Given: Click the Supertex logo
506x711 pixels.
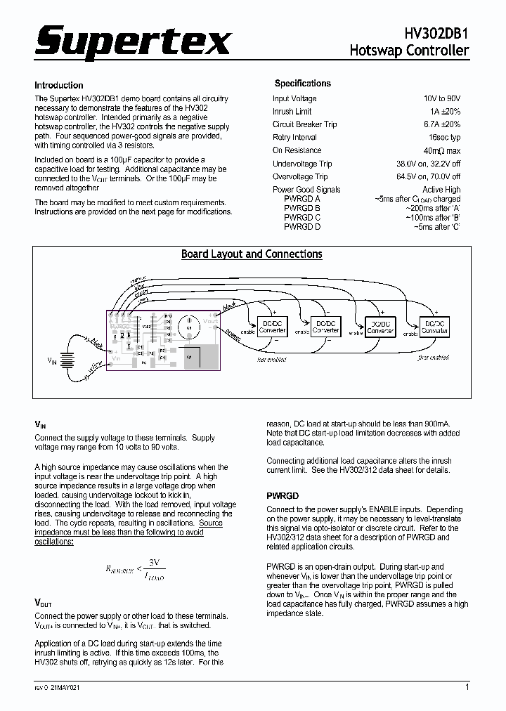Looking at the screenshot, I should click(x=133, y=44).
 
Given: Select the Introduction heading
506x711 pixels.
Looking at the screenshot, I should click(x=59, y=85).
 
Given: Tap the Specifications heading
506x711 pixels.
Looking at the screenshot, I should click(x=302, y=83).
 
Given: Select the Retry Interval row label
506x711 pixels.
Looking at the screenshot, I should click(x=294, y=137).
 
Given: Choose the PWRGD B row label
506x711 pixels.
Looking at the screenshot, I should click(x=302, y=209).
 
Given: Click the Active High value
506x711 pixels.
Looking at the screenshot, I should click(x=441, y=190).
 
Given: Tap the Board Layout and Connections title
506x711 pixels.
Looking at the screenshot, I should click(x=252, y=254).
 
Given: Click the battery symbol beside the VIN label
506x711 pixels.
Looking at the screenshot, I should click(x=67, y=359).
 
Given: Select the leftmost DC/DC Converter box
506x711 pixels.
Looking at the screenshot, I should click(x=272, y=327).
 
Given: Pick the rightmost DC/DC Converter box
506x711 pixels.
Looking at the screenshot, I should click(x=435, y=326).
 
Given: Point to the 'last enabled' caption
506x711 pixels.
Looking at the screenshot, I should click(x=272, y=359).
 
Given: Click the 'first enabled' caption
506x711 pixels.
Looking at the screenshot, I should click(x=433, y=358).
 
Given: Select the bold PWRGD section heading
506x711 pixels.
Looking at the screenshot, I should click(x=283, y=495).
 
